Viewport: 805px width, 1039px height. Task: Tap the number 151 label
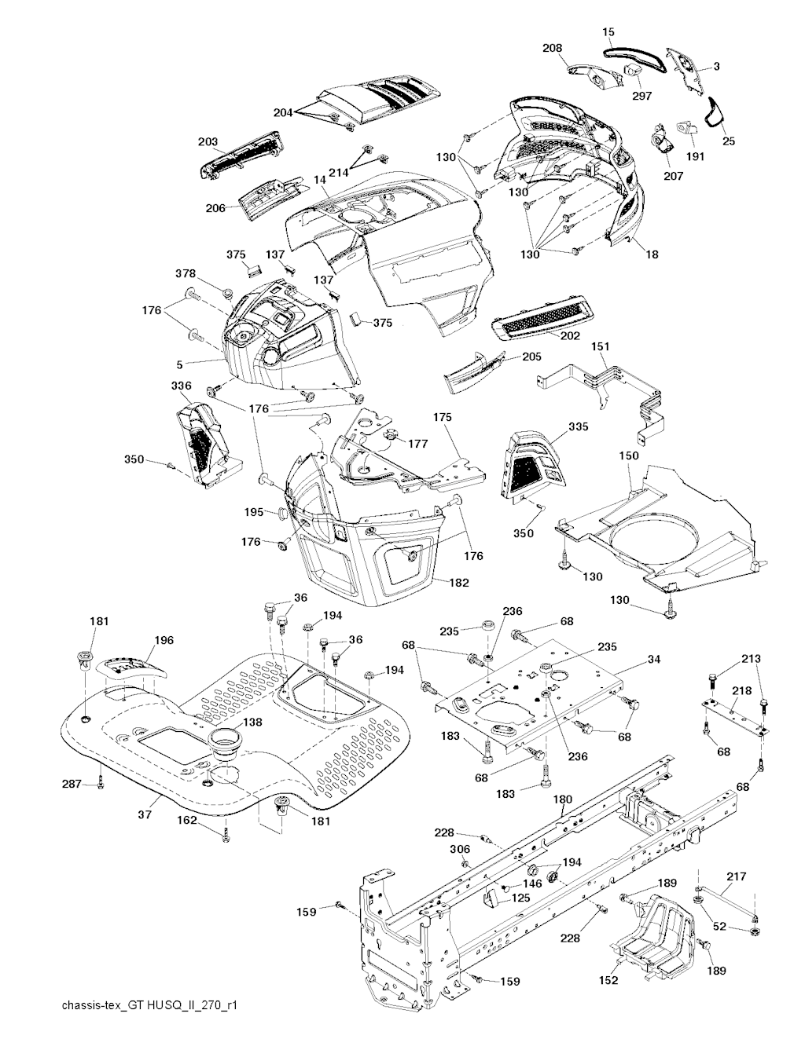600,346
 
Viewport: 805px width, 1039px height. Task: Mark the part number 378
186,273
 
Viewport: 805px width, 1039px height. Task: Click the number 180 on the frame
563,799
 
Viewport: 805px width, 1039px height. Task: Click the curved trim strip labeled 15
634,57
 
